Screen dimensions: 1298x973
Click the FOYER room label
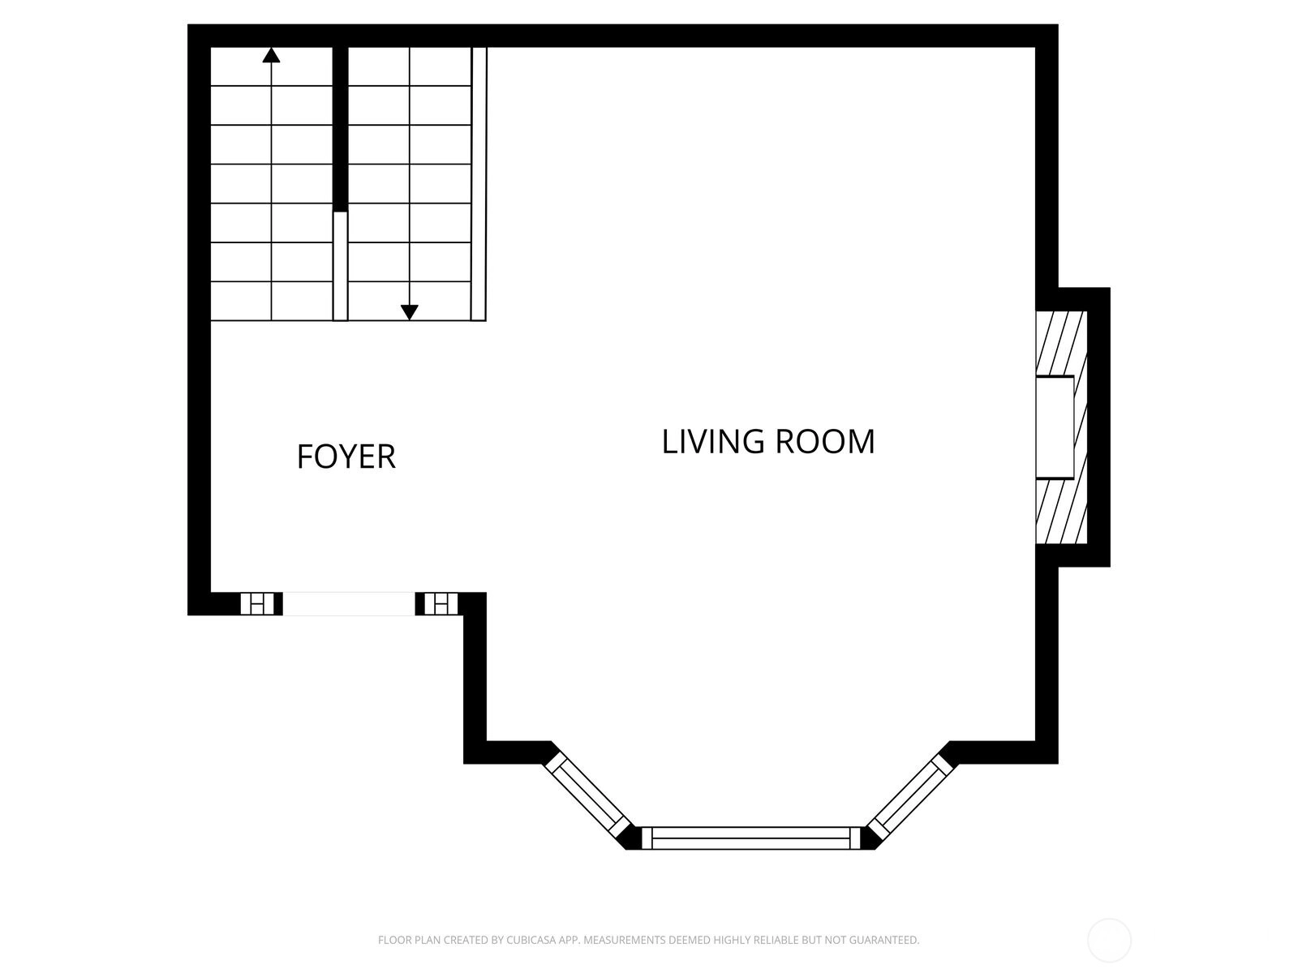[x=346, y=456]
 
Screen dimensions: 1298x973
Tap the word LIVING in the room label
[x=712, y=442]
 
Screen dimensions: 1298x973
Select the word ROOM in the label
[x=825, y=442]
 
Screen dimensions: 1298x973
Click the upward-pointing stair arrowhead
[x=272, y=55]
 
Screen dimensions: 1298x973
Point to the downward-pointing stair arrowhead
[x=409, y=312]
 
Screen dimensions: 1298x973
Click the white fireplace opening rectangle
[x=1055, y=427]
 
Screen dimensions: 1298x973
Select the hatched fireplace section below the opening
[x=1061, y=511]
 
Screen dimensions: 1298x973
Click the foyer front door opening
[x=349, y=604]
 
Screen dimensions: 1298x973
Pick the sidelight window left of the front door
[x=257, y=604]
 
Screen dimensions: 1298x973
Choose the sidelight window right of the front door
[x=441, y=604]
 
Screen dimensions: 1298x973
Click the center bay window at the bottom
[x=750, y=838]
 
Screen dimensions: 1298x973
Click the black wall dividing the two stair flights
[x=340, y=129]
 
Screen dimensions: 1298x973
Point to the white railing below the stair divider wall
[x=340, y=266]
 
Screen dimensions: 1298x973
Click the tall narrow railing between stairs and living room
[x=479, y=184]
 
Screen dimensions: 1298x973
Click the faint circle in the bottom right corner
[x=1109, y=940]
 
